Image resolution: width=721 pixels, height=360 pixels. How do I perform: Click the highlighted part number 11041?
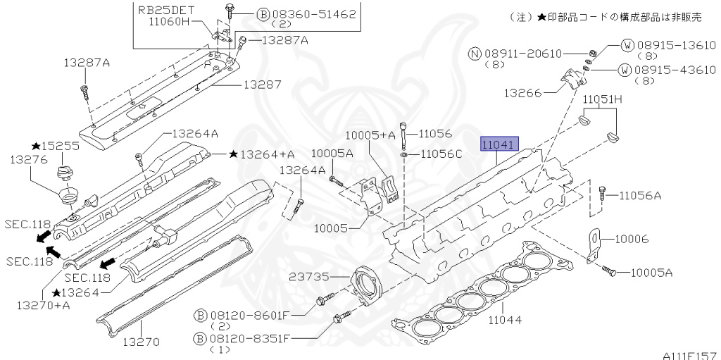click(500, 144)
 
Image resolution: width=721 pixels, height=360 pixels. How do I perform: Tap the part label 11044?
click(505, 319)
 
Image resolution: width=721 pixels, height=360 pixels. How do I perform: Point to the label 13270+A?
click(43, 305)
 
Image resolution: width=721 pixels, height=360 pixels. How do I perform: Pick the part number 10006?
click(632, 239)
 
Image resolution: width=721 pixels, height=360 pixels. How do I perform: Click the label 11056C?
click(441, 154)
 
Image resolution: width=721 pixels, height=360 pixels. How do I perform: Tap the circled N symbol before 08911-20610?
click(475, 54)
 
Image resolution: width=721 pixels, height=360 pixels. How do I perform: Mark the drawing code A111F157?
click(691, 355)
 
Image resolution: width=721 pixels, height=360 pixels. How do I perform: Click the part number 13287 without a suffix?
click(262, 85)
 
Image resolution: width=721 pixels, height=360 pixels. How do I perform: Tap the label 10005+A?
click(370, 135)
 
